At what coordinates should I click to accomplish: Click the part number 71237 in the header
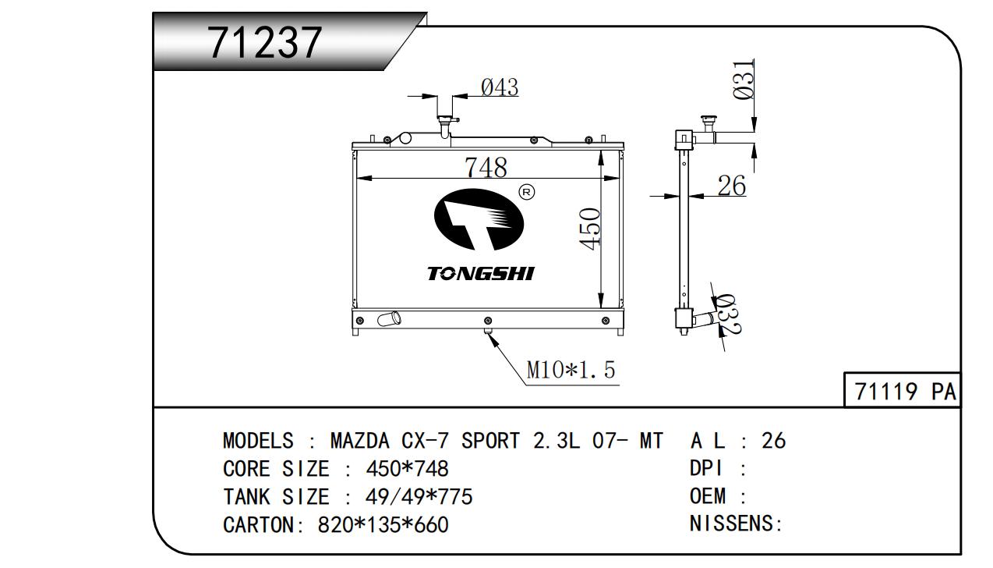(265, 43)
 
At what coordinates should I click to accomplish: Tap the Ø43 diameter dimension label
(500, 87)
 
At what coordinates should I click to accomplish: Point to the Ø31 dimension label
(744, 80)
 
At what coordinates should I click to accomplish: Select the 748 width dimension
(486, 167)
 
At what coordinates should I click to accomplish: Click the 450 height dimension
(590, 229)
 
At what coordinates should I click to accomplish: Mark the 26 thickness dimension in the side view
(732, 186)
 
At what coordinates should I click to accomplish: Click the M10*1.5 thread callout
(571, 370)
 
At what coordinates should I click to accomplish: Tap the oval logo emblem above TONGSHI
(479, 219)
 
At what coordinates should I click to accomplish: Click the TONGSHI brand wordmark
(481, 274)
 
